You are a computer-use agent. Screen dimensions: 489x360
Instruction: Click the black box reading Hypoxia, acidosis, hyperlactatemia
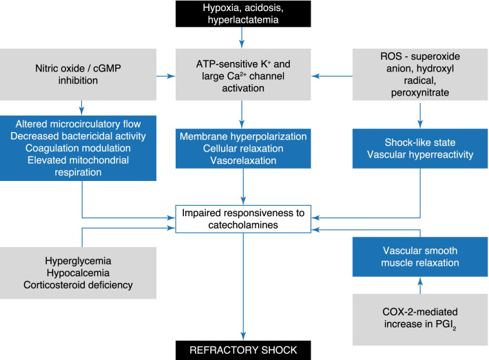click(243, 14)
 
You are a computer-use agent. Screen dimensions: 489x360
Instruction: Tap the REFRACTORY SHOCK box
click(243, 350)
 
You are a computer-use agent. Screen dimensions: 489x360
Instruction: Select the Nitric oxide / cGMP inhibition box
click(78, 74)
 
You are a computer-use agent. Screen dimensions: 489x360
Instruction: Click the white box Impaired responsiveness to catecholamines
click(243, 219)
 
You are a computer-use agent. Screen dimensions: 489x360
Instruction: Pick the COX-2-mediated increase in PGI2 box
click(420, 319)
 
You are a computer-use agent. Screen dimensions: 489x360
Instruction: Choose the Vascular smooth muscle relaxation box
click(420, 257)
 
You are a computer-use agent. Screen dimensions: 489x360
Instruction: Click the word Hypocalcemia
click(78, 273)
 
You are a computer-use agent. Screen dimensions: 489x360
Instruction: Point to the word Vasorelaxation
click(243, 160)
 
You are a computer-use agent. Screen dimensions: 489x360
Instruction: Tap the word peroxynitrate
click(420, 92)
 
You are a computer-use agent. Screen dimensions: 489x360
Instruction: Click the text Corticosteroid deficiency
click(78, 285)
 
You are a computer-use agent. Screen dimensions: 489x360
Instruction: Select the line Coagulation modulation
click(78, 148)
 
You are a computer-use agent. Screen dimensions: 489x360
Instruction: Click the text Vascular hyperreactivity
click(420, 155)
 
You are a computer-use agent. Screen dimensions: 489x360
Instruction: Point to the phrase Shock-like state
click(420, 142)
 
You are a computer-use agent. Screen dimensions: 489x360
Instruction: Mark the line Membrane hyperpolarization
click(243, 136)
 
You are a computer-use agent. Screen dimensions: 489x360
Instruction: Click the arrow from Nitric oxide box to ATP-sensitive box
click(166, 76)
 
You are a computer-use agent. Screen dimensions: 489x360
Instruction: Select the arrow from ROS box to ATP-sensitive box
click(332, 76)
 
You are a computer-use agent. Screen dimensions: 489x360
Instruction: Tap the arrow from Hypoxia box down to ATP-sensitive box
click(242, 37)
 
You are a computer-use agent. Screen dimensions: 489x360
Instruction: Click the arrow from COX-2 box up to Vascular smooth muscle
click(420, 285)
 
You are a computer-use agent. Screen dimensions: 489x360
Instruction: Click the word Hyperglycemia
click(78, 261)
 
